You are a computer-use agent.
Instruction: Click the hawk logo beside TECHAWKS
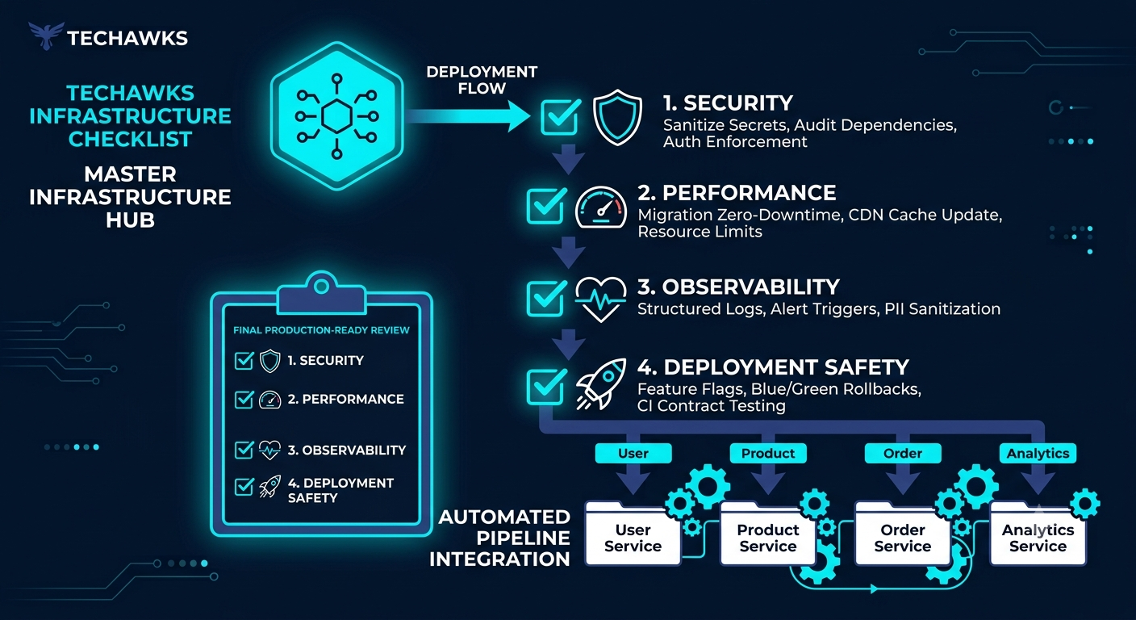tap(46, 35)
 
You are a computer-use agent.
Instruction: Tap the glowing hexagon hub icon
tap(336, 116)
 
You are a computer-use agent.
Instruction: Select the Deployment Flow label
tap(482, 80)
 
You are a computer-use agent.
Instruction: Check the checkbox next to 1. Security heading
tap(561, 117)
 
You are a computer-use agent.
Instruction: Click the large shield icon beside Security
tap(617, 117)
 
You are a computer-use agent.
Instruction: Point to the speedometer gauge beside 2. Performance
tap(601, 208)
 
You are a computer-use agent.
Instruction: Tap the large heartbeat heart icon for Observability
tap(600, 300)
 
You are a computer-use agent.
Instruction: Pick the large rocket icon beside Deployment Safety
tap(601, 383)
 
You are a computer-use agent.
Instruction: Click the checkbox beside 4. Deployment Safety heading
tap(546, 386)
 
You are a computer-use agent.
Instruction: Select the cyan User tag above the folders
tap(633, 453)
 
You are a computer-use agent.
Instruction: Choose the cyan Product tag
tap(768, 453)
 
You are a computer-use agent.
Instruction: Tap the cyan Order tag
tap(903, 453)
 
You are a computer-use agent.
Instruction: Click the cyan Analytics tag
tap(1038, 453)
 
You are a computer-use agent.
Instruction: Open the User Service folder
tap(633, 534)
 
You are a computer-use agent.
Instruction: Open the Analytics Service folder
tap(1038, 534)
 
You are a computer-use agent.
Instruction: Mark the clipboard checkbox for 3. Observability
tap(244, 450)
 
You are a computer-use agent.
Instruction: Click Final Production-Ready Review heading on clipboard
tap(321, 330)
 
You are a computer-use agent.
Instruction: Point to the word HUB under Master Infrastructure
tap(131, 220)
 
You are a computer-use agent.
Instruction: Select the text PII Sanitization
tap(942, 309)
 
